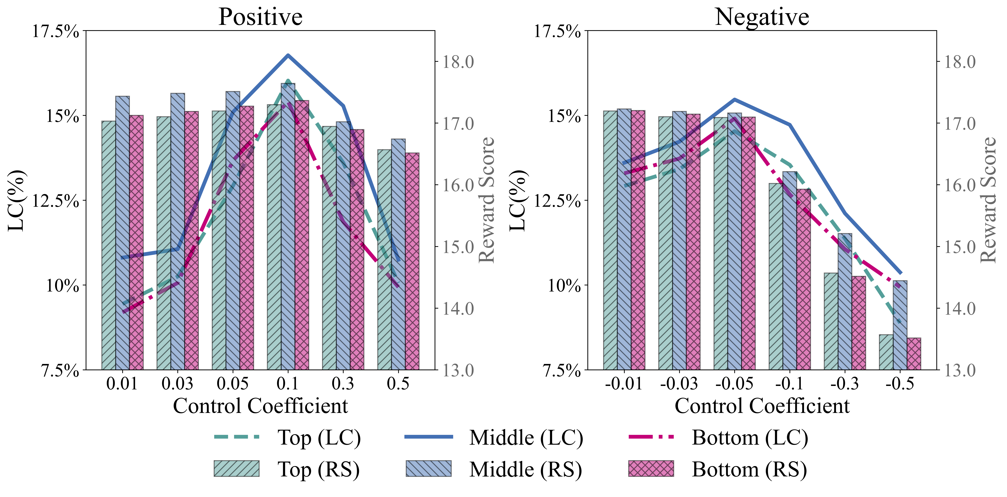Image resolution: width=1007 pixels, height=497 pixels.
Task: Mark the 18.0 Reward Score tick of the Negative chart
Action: pyautogui.click(x=960, y=62)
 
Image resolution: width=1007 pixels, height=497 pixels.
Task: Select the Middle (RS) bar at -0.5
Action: pyautogui.click(x=900, y=325)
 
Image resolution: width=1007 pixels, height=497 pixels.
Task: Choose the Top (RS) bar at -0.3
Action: pyautogui.click(x=831, y=321)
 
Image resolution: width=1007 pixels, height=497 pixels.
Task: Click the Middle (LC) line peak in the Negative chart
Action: pyautogui.click(x=735, y=99)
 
